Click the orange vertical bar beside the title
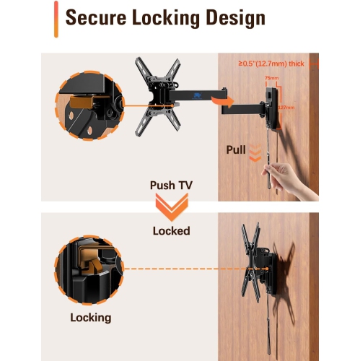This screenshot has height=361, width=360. coord(56,19)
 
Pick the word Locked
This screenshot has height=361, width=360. coord(171,231)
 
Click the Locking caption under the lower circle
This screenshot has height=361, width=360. coord(90,317)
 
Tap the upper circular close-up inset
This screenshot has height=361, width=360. coord(88,106)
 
